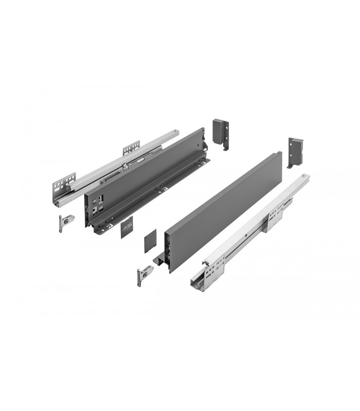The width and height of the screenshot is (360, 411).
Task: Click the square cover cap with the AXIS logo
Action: click(127, 229)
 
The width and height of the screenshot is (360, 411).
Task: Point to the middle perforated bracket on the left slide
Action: click(130, 151)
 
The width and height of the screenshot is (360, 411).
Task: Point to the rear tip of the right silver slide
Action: click(307, 177)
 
